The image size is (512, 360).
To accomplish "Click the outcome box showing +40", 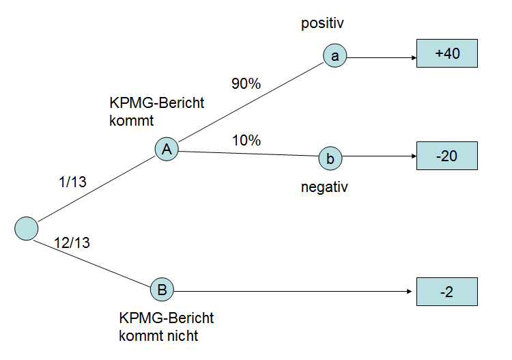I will pos(447,54).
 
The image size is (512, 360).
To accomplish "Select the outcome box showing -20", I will pos(447,156).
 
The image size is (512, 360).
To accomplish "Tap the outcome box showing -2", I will pos(447,292).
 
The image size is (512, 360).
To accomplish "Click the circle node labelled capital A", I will pos(167,150).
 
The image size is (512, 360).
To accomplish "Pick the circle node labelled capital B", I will pos(162,290).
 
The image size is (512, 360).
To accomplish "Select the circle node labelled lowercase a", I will pos(335,57).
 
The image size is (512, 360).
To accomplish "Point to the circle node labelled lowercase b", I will pos(330,159).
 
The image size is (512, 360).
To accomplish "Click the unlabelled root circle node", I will pos(26,227).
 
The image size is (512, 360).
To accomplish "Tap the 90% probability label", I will pos(246,85).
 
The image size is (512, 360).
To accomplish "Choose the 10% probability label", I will pos(246,141).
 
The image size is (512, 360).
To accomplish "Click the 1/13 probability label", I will pos(74,182).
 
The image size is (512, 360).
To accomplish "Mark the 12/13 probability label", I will pos(71,242).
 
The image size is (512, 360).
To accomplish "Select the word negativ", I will pos(324,186).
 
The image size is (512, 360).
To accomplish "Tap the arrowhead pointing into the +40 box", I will pos(413,57).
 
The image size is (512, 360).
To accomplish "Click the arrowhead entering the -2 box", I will pos(413,292).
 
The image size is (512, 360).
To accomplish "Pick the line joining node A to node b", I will pos(249,154).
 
